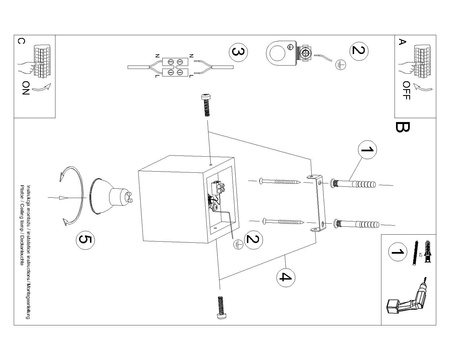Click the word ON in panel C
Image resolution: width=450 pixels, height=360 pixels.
(x=24, y=88)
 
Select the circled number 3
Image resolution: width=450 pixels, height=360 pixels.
(x=237, y=52)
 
